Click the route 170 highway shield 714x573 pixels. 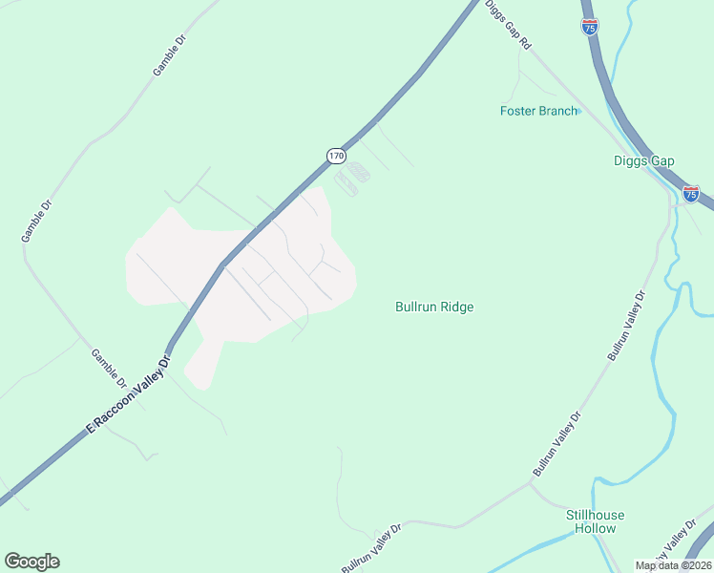[335, 155]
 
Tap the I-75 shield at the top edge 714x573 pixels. [591, 27]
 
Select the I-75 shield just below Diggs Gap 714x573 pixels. [691, 194]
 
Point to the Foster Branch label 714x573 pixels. [538, 111]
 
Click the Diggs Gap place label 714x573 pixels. [643, 161]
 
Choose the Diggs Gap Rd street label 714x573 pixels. [507, 24]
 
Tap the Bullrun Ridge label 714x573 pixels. [434, 307]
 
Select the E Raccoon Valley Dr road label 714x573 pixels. [128, 394]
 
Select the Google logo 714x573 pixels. [31, 562]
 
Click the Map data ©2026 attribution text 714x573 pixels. [672, 565]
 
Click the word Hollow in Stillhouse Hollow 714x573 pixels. [603, 528]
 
